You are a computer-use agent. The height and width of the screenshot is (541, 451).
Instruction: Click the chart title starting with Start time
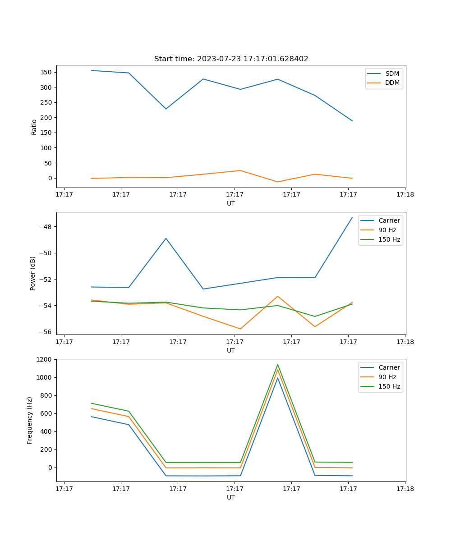(x=231, y=59)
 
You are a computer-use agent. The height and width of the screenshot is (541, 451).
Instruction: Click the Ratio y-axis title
(x=34, y=127)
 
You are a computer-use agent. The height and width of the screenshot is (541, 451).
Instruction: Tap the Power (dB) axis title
(x=33, y=273)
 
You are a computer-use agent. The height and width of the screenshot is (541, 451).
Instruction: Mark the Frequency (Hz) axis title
(x=30, y=420)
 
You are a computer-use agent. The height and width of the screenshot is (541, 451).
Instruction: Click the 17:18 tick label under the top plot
(x=405, y=195)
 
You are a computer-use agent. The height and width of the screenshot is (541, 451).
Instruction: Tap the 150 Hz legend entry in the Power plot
(x=389, y=239)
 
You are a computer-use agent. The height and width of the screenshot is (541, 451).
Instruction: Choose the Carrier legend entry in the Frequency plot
(x=389, y=367)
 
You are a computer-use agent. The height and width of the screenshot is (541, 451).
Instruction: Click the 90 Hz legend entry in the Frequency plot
(x=387, y=377)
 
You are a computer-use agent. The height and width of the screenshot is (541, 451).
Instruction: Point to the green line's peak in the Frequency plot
(x=277, y=365)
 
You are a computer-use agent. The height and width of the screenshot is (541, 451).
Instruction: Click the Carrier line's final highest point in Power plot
(x=352, y=217)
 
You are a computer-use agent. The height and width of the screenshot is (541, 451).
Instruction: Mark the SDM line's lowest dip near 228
(x=166, y=109)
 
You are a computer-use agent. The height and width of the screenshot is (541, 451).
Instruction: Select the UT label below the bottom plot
(x=231, y=497)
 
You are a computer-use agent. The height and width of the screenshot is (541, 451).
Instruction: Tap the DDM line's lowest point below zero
(x=277, y=182)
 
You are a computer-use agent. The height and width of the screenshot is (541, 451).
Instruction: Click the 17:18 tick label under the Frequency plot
(x=405, y=489)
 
